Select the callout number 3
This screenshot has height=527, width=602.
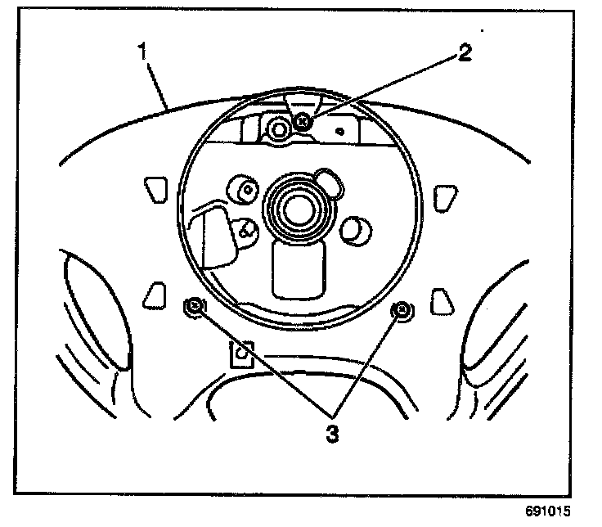click(x=331, y=432)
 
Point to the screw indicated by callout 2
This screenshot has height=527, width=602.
click(x=303, y=121)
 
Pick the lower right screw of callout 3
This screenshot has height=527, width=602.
click(x=402, y=309)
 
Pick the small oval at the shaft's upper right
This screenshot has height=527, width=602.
click(x=329, y=181)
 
